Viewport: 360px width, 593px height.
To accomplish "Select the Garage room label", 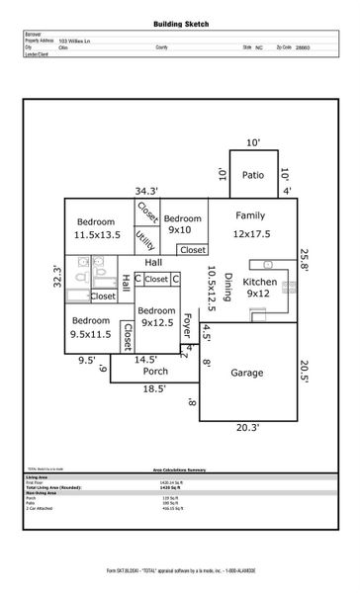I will tap(247, 373).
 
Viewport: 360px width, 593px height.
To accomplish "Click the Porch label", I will tap(155, 372).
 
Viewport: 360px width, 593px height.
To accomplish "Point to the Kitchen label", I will tap(261, 282).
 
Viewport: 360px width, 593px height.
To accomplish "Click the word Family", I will tap(250, 215).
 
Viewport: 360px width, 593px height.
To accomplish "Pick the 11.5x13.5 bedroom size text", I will tap(97, 235).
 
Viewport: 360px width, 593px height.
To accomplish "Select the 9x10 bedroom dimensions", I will tap(180, 230).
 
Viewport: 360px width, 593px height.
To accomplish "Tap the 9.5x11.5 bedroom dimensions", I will tap(90, 335).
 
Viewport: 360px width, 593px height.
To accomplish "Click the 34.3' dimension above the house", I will tap(147, 191).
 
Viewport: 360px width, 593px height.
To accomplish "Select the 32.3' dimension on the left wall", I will tap(56, 276).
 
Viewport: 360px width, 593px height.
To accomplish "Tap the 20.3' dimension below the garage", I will tap(247, 428).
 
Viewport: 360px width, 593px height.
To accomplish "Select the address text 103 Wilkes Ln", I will tap(76, 40).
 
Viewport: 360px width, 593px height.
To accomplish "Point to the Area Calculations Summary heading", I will tap(179, 469).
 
